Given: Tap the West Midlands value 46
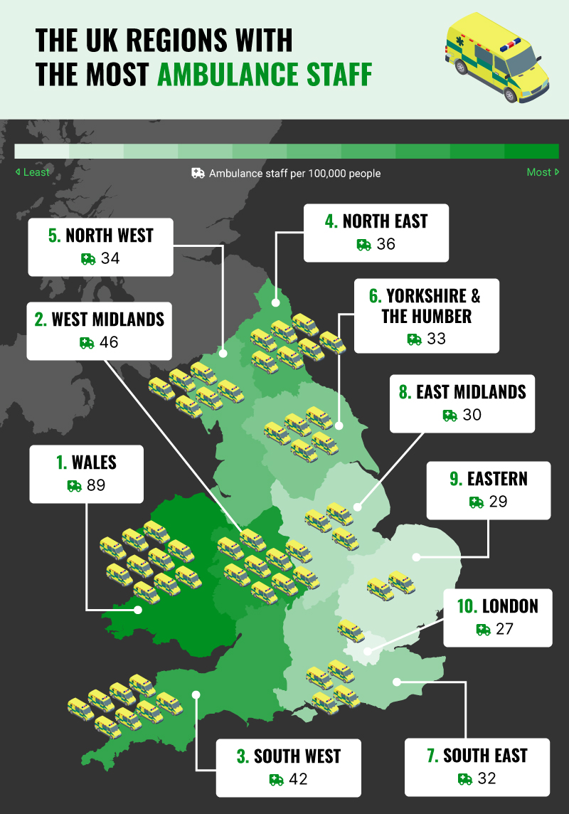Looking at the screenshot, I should [x=109, y=343].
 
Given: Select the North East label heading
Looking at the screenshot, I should [x=376, y=221].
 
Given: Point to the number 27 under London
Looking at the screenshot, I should [x=505, y=629].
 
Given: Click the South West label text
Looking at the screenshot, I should [x=289, y=756].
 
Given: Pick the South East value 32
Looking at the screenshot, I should [x=486, y=778].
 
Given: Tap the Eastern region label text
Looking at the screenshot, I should [x=489, y=479].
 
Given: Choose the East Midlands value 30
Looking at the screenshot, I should [x=472, y=415].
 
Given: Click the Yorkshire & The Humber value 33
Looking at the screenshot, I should [x=436, y=339].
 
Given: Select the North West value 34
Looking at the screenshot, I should [x=110, y=258].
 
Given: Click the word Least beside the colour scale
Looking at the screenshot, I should [x=36, y=172].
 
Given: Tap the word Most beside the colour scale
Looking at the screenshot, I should [x=539, y=172].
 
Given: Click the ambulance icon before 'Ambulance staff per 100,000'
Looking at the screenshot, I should [x=198, y=173].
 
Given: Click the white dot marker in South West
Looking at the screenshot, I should [x=196, y=694].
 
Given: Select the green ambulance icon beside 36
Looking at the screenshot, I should [x=364, y=245].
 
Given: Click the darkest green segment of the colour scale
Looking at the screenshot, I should [x=531, y=152].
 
